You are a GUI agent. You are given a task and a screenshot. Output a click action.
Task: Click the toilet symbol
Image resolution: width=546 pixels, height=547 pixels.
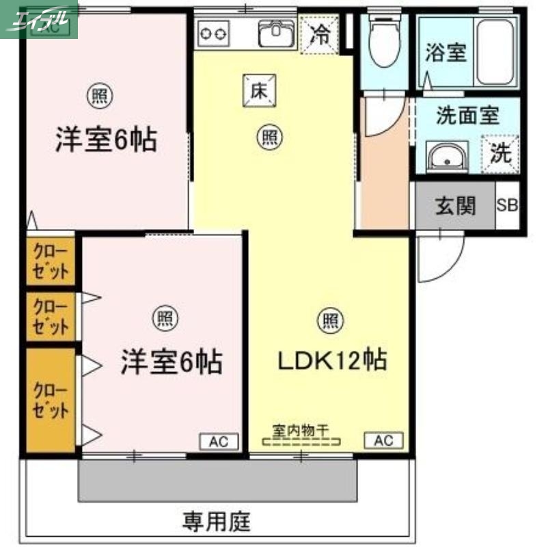click(383, 40)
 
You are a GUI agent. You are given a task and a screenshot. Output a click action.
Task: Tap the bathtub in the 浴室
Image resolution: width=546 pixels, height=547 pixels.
click(504, 51)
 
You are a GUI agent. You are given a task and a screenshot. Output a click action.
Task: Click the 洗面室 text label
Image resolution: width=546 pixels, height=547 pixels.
click(467, 116)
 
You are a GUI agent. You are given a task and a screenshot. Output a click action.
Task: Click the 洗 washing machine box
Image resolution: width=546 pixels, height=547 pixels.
click(501, 152)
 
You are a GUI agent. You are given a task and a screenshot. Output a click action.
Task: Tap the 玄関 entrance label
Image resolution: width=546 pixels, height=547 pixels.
click(455, 205)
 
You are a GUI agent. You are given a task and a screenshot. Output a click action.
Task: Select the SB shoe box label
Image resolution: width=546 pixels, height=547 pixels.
click(507, 205)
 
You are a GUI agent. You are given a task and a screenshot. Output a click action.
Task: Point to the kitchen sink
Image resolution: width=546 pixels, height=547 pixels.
click(277, 32)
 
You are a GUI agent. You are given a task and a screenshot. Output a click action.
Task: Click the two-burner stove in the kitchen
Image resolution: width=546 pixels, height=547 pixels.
click(213, 31)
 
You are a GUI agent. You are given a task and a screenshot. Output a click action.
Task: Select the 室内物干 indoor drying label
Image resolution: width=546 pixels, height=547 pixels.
click(301, 430)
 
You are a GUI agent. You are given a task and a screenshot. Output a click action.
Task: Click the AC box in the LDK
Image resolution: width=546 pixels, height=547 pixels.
click(384, 440)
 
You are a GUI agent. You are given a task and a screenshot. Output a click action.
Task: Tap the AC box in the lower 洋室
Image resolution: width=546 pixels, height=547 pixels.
click(219, 441)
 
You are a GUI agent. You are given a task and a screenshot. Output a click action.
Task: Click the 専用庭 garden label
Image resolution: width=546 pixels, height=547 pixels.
click(216, 523)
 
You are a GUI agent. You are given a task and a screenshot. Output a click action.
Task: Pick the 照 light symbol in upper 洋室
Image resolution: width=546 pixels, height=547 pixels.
click(100, 96)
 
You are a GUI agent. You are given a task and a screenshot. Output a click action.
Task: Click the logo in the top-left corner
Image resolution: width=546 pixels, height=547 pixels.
click(39, 19)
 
